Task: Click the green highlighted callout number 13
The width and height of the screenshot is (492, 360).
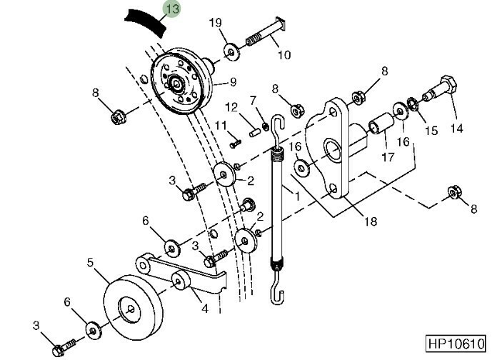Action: click(x=172, y=9)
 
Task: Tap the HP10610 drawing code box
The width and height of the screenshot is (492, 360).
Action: click(x=456, y=344)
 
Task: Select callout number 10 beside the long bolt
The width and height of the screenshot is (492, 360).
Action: click(x=284, y=55)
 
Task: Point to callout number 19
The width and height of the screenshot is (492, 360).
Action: click(x=216, y=23)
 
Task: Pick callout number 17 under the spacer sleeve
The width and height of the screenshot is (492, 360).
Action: click(x=388, y=156)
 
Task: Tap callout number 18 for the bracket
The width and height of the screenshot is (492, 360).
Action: click(x=371, y=221)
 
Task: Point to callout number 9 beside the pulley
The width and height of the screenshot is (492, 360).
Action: click(x=233, y=82)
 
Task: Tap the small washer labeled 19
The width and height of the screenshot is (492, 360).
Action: click(x=231, y=52)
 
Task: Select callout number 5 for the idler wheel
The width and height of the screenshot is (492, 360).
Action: click(x=91, y=262)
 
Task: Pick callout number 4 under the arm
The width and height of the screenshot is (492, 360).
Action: click(x=204, y=309)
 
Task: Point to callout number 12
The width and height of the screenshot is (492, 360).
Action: click(x=231, y=108)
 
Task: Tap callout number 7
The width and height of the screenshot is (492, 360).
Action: click(x=253, y=101)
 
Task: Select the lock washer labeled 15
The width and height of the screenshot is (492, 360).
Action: click(x=412, y=104)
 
